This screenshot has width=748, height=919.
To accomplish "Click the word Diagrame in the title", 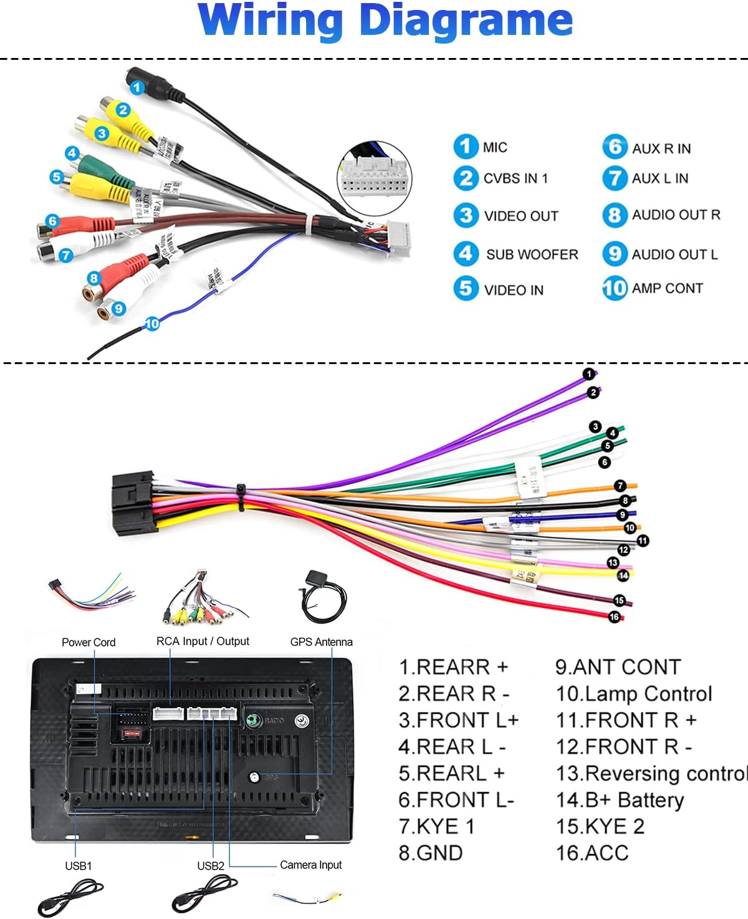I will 466,20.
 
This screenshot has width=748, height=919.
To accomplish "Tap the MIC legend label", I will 495,148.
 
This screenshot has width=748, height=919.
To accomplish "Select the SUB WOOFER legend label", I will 532,254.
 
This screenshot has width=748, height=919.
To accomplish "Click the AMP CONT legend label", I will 667,288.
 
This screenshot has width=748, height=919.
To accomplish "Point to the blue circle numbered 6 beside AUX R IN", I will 614,147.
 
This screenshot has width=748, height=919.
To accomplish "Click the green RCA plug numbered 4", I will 93,164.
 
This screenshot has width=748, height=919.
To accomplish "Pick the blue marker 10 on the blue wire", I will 152,324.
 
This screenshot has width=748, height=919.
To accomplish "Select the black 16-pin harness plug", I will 133,503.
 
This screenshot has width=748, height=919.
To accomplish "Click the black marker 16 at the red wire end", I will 614,617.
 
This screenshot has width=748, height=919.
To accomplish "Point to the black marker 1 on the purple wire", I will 588,374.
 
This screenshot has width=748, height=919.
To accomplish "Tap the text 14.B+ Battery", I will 620,800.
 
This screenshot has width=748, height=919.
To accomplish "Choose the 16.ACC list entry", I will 592,853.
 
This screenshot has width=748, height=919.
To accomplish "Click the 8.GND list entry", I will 430,853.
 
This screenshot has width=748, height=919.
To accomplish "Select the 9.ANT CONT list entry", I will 618,667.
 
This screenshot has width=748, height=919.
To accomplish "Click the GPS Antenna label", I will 321,642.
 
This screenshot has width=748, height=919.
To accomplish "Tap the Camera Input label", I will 310,865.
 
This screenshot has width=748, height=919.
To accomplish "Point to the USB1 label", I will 79,866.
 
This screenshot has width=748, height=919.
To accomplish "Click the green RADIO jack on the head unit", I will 252,720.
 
